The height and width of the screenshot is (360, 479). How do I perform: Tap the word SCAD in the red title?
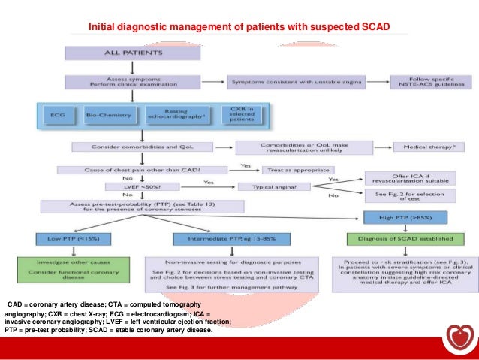(372, 28)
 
